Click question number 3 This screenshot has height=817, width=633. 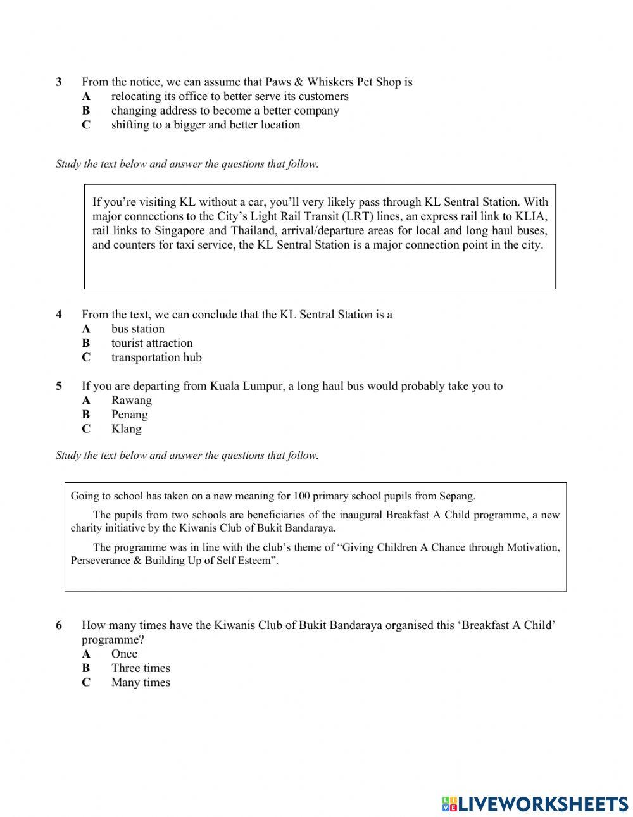[x=59, y=82]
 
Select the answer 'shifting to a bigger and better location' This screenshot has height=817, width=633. [x=205, y=125]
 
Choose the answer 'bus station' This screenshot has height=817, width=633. [x=137, y=329]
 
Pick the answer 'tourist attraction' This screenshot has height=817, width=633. [x=152, y=344]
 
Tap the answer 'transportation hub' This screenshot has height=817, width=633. [x=156, y=358]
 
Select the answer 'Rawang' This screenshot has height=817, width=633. [x=132, y=401]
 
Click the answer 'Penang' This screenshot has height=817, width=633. [x=130, y=415]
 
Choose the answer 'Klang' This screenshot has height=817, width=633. [x=127, y=429]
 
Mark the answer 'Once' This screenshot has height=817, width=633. [x=124, y=654]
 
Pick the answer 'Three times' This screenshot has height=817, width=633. [x=141, y=668]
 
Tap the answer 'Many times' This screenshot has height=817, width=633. [x=141, y=683]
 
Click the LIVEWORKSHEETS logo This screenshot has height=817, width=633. [x=534, y=804]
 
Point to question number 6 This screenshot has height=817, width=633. [x=59, y=626]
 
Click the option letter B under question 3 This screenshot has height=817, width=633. [x=86, y=111]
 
